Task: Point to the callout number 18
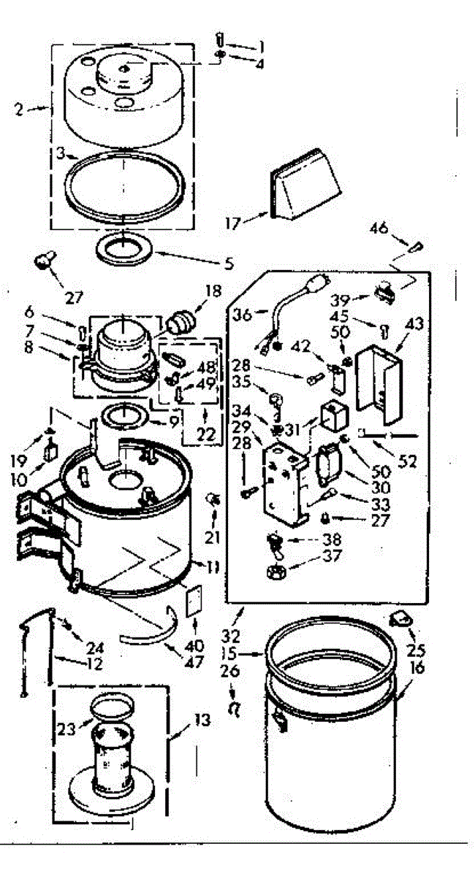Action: pyautogui.click(x=213, y=291)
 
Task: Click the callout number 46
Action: pyautogui.click(x=398, y=228)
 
